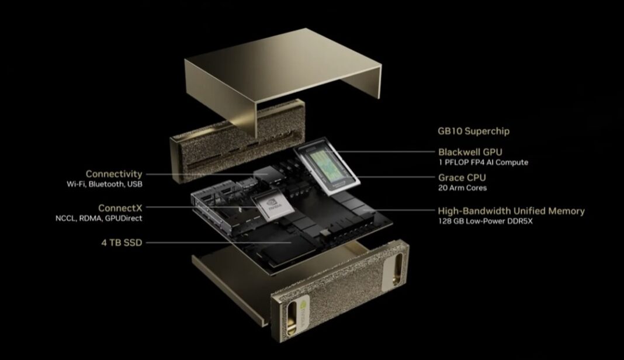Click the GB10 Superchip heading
click(x=473, y=131)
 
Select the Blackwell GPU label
click(x=470, y=152)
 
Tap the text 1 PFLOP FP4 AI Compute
click(x=483, y=162)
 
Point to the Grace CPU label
click(x=462, y=178)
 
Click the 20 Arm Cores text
click(x=462, y=188)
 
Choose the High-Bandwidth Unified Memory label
click(x=511, y=211)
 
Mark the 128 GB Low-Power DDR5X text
click(x=485, y=221)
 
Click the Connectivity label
click(x=114, y=174)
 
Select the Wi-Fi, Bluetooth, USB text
click(x=104, y=184)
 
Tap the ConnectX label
click(x=120, y=208)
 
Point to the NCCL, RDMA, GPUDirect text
click(x=99, y=218)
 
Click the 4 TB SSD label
click(x=122, y=243)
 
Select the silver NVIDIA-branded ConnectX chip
click(x=274, y=205)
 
